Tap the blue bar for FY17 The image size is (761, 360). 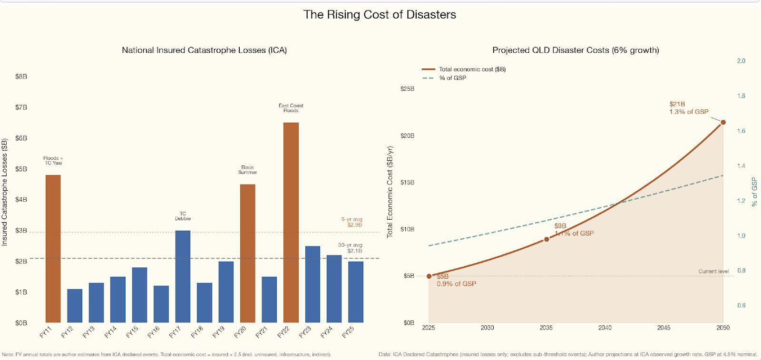[183, 276]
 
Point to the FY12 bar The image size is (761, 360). [75, 306]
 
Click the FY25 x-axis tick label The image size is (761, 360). [349, 332]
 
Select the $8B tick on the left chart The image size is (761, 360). [21, 77]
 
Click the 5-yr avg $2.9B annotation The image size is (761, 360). [351, 222]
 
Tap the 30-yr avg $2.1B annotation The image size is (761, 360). [350, 248]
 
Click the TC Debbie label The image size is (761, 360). [183, 216]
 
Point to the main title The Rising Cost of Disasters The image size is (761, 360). [380, 15]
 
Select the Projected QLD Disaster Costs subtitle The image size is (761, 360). [576, 50]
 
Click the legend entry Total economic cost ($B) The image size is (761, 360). [472, 69]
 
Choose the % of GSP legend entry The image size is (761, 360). [452, 78]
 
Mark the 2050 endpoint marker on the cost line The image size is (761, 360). [723, 122]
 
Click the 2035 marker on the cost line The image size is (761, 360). [546, 239]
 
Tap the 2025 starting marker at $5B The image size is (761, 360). [429, 276]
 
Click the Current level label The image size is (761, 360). [713, 272]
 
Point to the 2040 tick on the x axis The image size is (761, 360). [605, 328]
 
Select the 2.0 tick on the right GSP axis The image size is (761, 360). [741, 61]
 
